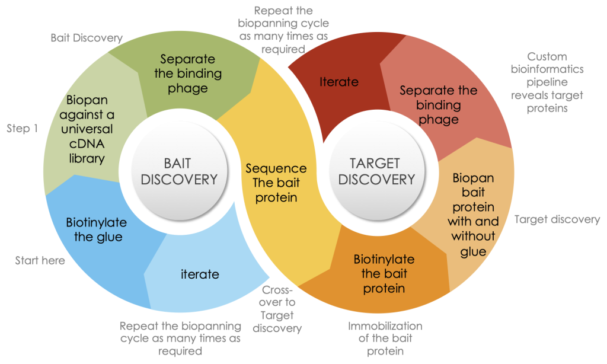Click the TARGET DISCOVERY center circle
pyautogui.click(x=375, y=170)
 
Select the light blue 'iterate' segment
pyautogui.click(x=200, y=274)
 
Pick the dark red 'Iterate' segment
pyautogui.click(x=339, y=82)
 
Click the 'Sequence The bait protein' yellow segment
pyautogui.click(x=276, y=183)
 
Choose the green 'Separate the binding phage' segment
pyautogui.click(x=188, y=74)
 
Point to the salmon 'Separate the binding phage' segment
pyautogui.click(x=438, y=105)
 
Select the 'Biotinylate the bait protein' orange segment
pyautogui.click(x=384, y=274)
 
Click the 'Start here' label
pyautogui.click(x=40, y=260)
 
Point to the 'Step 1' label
pyautogui.click(x=23, y=128)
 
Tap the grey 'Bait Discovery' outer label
pyautogui.click(x=86, y=38)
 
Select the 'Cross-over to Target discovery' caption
pyautogui.click(x=280, y=309)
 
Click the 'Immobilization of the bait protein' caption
pyautogui.click(x=385, y=338)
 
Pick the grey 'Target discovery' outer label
pyautogui.click(x=557, y=219)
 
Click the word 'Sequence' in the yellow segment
pyautogui.click(x=276, y=168)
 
